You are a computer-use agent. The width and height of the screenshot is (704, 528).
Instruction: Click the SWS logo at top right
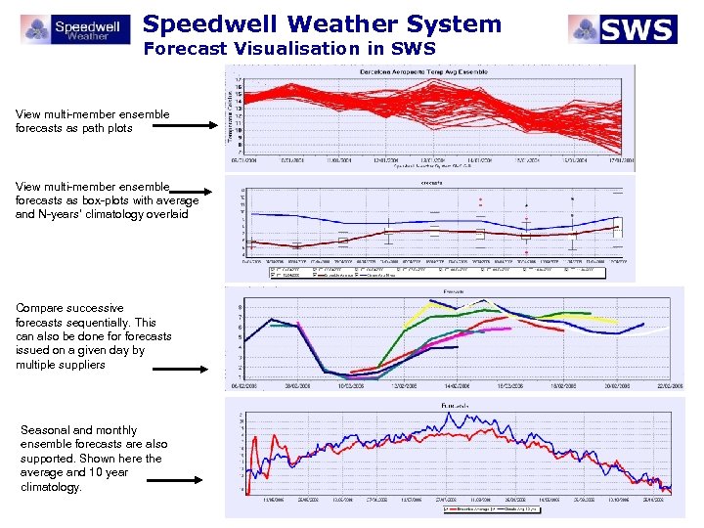pyautogui.click(x=622, y=29)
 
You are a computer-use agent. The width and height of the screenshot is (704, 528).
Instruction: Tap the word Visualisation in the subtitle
pyautogui.click(x=260, y=48)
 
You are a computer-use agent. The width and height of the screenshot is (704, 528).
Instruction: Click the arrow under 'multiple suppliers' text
pyautogui.click(x=180, y=369)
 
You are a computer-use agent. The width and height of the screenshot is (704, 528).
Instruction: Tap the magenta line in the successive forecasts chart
pyautogui.click(x=489, y=332)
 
